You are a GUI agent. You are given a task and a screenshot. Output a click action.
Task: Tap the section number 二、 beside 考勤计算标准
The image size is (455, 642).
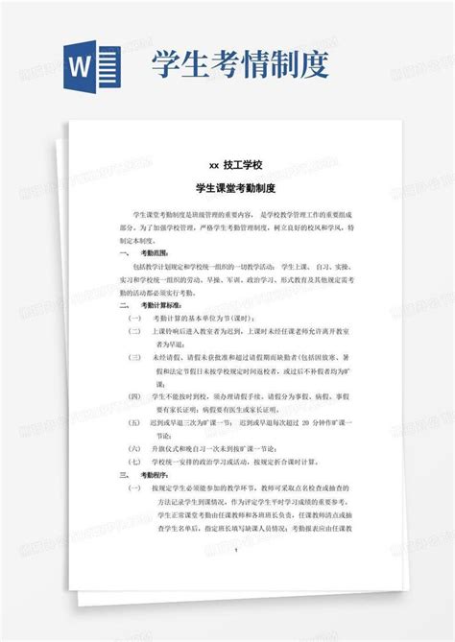click(x=123, y=302)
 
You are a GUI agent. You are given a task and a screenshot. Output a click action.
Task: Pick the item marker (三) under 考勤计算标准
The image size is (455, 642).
click(x=135, y=355)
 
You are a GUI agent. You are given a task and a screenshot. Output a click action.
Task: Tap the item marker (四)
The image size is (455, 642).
click(x=135, y=394)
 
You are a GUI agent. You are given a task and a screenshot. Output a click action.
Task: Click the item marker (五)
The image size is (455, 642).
click(x=135, y=420)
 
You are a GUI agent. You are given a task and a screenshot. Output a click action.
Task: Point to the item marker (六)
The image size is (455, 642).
click(x=135, y=446)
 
